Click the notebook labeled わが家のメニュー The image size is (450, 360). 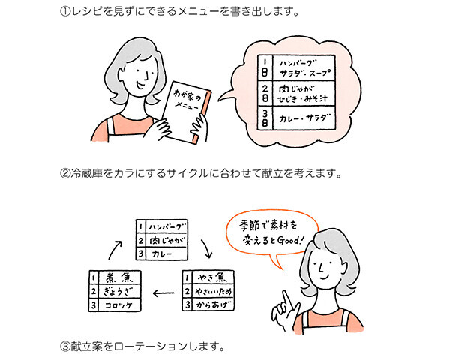[187, 112]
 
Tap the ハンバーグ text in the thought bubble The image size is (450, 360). [298, 64]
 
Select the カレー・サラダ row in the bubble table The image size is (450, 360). [296, 118]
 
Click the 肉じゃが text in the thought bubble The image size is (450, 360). [296, 88]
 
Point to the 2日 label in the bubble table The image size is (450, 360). [265, 93]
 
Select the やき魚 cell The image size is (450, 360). [213, 277]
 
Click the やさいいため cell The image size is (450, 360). [213, 292]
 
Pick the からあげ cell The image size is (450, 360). [213, 304]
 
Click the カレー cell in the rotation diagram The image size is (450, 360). [166, 253]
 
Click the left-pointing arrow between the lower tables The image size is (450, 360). [163, 293]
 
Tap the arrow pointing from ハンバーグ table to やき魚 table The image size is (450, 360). [207, 248]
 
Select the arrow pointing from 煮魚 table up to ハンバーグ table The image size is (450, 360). [115, 250]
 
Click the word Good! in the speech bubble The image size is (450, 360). [287, 240]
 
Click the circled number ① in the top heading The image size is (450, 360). [65, 12]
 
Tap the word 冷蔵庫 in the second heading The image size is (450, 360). [87, 174]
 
